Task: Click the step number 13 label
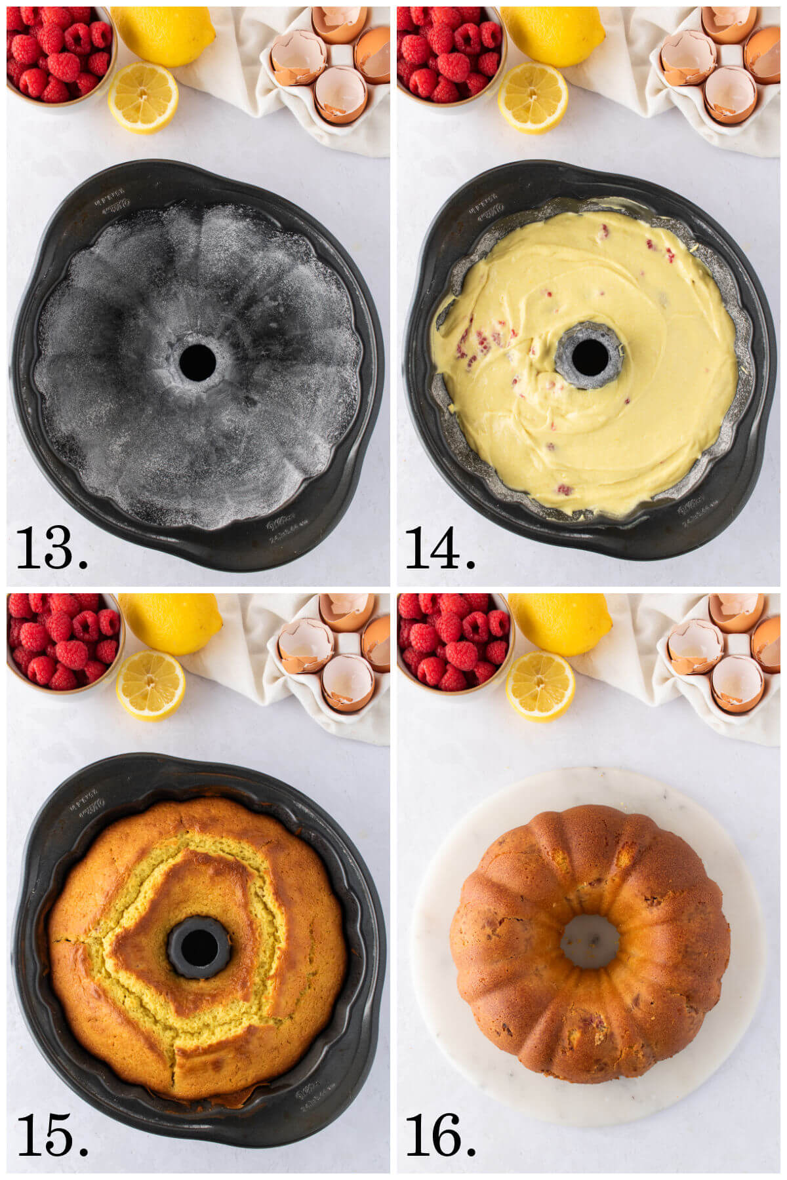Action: (51, 547)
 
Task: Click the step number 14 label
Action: (439, 547)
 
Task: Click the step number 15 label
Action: (51, 1134)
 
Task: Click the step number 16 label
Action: (439, 1134)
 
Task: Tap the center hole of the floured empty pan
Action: (197, 363)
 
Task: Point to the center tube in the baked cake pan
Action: (199, 947)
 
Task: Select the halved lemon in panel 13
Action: (143, 97)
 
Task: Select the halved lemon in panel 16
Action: (540, 686)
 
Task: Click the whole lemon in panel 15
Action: (169, 623)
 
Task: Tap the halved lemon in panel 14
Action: (533, 98)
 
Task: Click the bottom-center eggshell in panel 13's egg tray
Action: (340, 95)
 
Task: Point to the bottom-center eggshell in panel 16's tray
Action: (737, 684)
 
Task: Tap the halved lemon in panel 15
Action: (151, 685)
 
